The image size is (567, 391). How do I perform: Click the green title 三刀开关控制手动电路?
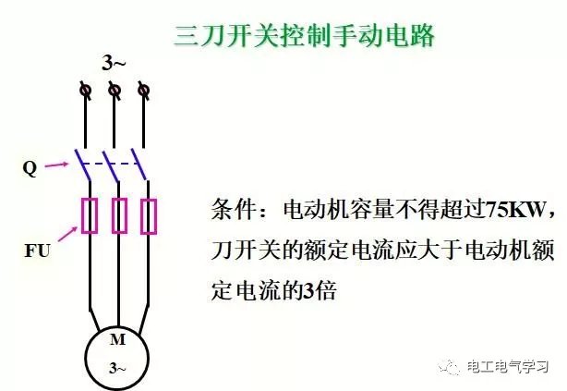304,36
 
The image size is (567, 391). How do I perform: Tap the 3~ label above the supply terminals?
114,63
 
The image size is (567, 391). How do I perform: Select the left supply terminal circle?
86,90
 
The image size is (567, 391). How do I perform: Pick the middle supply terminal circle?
115,90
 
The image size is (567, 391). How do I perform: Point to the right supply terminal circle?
143,90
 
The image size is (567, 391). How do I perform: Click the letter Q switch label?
30,168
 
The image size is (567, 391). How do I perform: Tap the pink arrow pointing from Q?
56,165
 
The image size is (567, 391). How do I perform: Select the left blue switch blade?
83,165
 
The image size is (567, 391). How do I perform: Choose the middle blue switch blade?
111,165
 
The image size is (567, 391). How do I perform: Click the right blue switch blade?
139,164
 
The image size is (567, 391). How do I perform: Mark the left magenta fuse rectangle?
90,215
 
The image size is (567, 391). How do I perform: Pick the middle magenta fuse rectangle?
119,215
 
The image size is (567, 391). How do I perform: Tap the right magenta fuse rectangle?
149,216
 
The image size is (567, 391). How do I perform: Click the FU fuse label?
37,250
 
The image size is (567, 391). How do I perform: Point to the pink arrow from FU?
67,234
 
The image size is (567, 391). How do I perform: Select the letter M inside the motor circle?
117,339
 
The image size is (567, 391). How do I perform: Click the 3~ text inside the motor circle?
117,368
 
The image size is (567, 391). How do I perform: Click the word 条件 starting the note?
234,209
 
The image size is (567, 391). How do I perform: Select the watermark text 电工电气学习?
507,367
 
